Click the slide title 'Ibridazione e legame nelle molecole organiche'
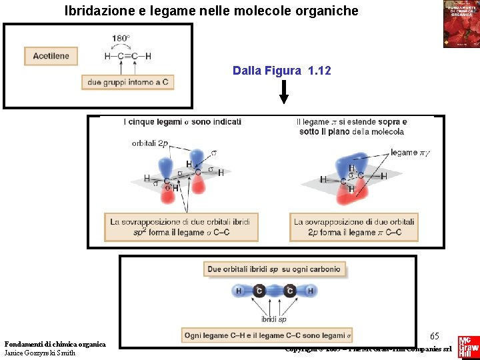click(x=211, y=11)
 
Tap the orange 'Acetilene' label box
click(x=51, y=56)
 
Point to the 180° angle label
click(x=121, y=38)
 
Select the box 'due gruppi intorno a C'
click(x=128, y=83)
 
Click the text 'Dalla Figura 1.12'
click(x=282, y=71)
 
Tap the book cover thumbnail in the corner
click(x=461, y=24)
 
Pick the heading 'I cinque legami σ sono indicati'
click(x=182, y=122)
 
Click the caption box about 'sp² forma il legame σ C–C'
click(x=181, y=227)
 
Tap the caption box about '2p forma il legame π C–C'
click(x=353, y=227)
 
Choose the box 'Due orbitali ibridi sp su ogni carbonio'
click(x=274, y=269)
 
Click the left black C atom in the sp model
click(x=259, y=291)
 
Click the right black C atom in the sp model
click(x=290, y=291)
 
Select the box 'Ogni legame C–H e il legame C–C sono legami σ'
click(x=267, y=335)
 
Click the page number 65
click(x=434, y=335)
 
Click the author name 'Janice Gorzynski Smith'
click(x=40, y=353)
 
